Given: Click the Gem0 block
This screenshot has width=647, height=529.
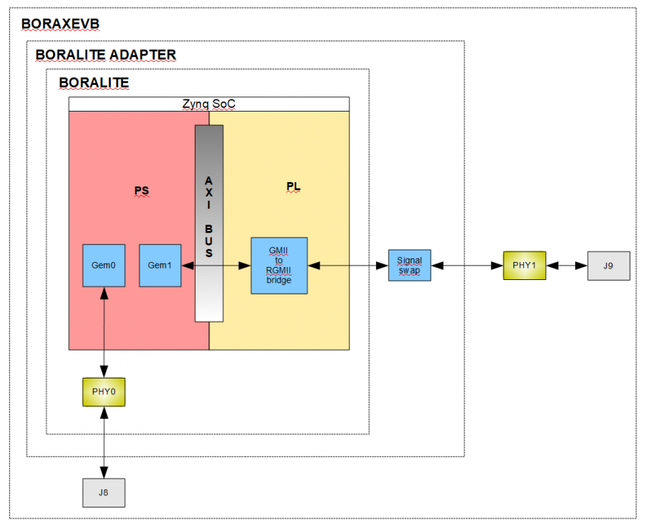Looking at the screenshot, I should coord(104,266).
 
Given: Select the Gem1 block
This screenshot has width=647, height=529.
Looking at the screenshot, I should coord(160,266).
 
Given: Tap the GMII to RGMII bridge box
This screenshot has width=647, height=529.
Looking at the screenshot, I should coord(279,266).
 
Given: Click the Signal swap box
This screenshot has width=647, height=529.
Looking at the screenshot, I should coord(409,265).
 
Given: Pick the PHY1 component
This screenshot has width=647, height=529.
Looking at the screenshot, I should coord(525,266).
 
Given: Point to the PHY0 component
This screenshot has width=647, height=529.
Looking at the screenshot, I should coord(104,391).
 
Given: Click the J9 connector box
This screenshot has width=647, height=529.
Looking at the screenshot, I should coord(608,266).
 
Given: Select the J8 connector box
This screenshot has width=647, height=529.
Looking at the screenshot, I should coord(104,492).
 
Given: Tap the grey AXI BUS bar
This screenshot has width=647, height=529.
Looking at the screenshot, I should coord(208,223).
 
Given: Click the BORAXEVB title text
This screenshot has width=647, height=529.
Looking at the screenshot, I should coord(60,24).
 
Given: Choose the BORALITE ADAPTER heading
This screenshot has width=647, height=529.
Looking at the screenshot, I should coord(106,55).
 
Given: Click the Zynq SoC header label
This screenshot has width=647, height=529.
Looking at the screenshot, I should coord(209,104).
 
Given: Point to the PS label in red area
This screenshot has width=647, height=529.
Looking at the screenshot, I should coord(142,191).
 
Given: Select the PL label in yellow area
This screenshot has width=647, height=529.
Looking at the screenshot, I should coord(293,187).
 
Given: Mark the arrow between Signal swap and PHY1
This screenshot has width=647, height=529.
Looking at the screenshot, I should coord(467,266).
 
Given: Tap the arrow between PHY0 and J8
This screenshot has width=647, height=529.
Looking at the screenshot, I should coord(105,441).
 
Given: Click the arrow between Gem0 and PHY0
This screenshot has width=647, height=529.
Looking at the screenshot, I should coord(105,331).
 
